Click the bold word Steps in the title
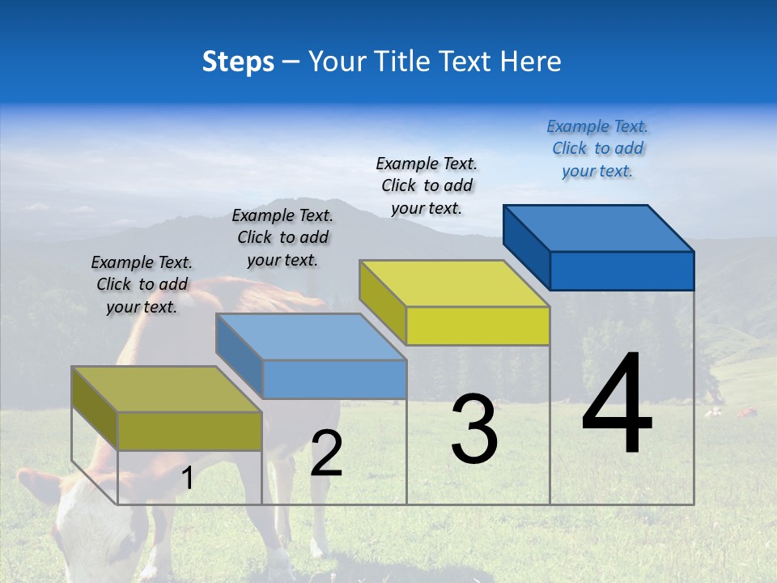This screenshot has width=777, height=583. pyautogui.click(x=238, y=62)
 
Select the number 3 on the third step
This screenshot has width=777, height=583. pyautogui.click(x=474, y=428)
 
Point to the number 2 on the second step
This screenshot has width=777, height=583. pyautogui.click(x=326, y=453)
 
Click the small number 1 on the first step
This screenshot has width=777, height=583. pyautogui.click(x=188, y=479)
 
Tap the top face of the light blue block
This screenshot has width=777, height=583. pyautogui.click(x=311, y=337)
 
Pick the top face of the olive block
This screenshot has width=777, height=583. pyautogui.click(x=167, y=389)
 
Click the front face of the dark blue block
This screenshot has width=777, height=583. pyautogui.click(x=622, y=270)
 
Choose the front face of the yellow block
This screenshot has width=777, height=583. pyautogui.click(x=478, y=326)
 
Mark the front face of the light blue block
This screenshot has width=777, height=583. pyautogui.click(x=334, y=379)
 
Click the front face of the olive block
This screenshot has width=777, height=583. pyautogui.click(x=189, y=431)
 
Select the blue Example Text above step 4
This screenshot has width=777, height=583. pyautogui.click(x=597, y=148)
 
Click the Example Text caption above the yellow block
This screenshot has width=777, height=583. pyautogui.click(x=427, y=185)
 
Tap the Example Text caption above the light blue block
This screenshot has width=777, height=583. pyautogui.click(x=282, y=237)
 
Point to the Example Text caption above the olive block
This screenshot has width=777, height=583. pyautogui.click(x=142, y=284)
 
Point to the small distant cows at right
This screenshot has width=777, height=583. pyautogui.click(x=732, y=413)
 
